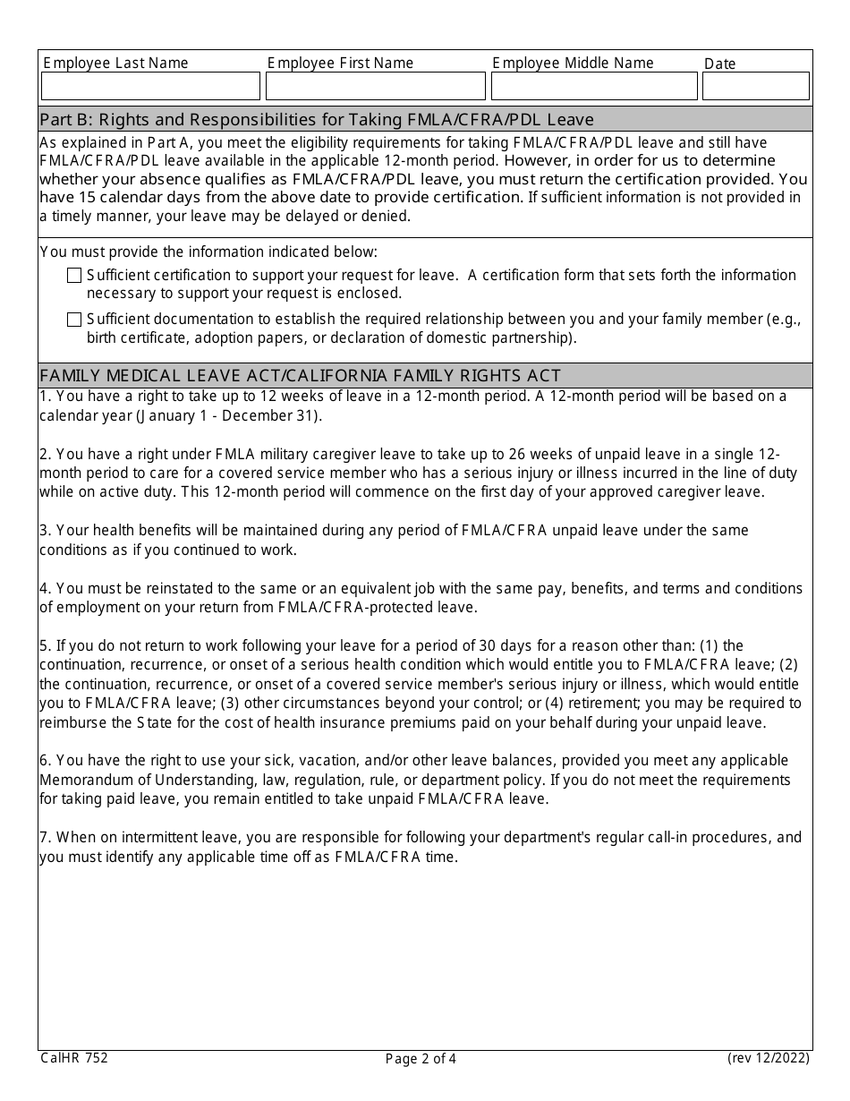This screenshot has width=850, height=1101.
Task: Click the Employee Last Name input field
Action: coord(150,86)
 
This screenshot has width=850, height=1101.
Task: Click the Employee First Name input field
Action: coord(376,86)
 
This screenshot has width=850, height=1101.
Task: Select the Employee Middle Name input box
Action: coord(594,86)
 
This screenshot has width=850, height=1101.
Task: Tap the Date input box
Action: coord(756,86)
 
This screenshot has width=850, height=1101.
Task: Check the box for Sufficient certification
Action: coord(74,276)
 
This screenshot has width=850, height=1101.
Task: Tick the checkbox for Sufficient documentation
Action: coord(74,320)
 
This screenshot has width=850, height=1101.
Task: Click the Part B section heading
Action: coord(317,119)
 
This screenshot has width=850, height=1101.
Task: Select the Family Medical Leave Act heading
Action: coord(300,375)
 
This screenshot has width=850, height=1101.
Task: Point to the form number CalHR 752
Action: coord(74,1058)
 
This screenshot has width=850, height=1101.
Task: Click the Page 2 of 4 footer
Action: coord(421,1059)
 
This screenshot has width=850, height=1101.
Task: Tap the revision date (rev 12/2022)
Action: coord(768,1058)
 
